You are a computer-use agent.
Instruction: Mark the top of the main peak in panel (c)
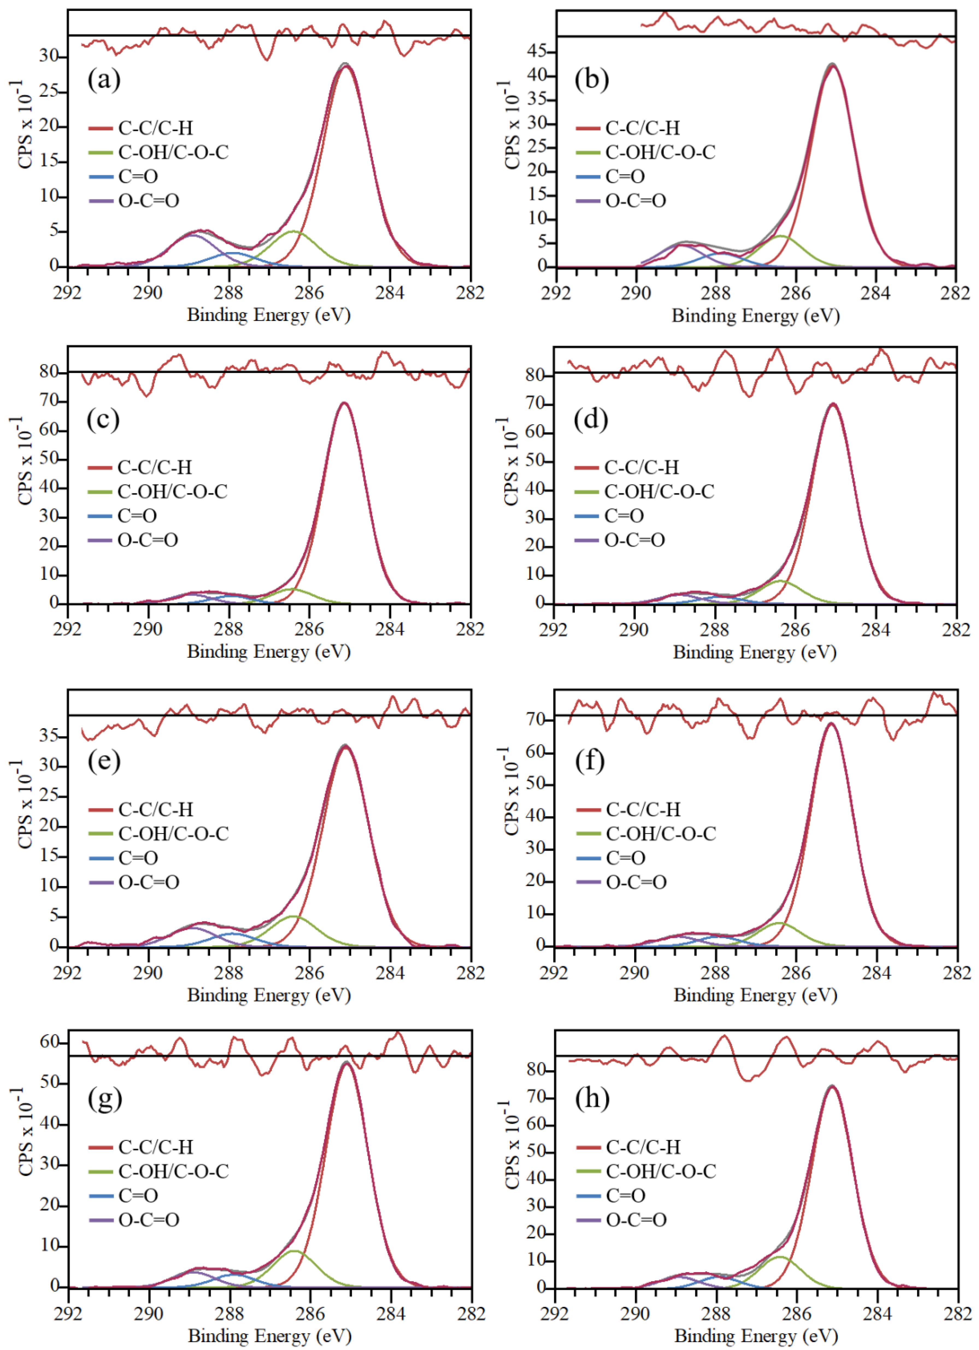(x=344, y=403)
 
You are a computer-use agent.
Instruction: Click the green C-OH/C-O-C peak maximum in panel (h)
(x=780, y=1257)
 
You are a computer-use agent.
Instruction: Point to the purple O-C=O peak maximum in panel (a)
(x=192, y=235)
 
